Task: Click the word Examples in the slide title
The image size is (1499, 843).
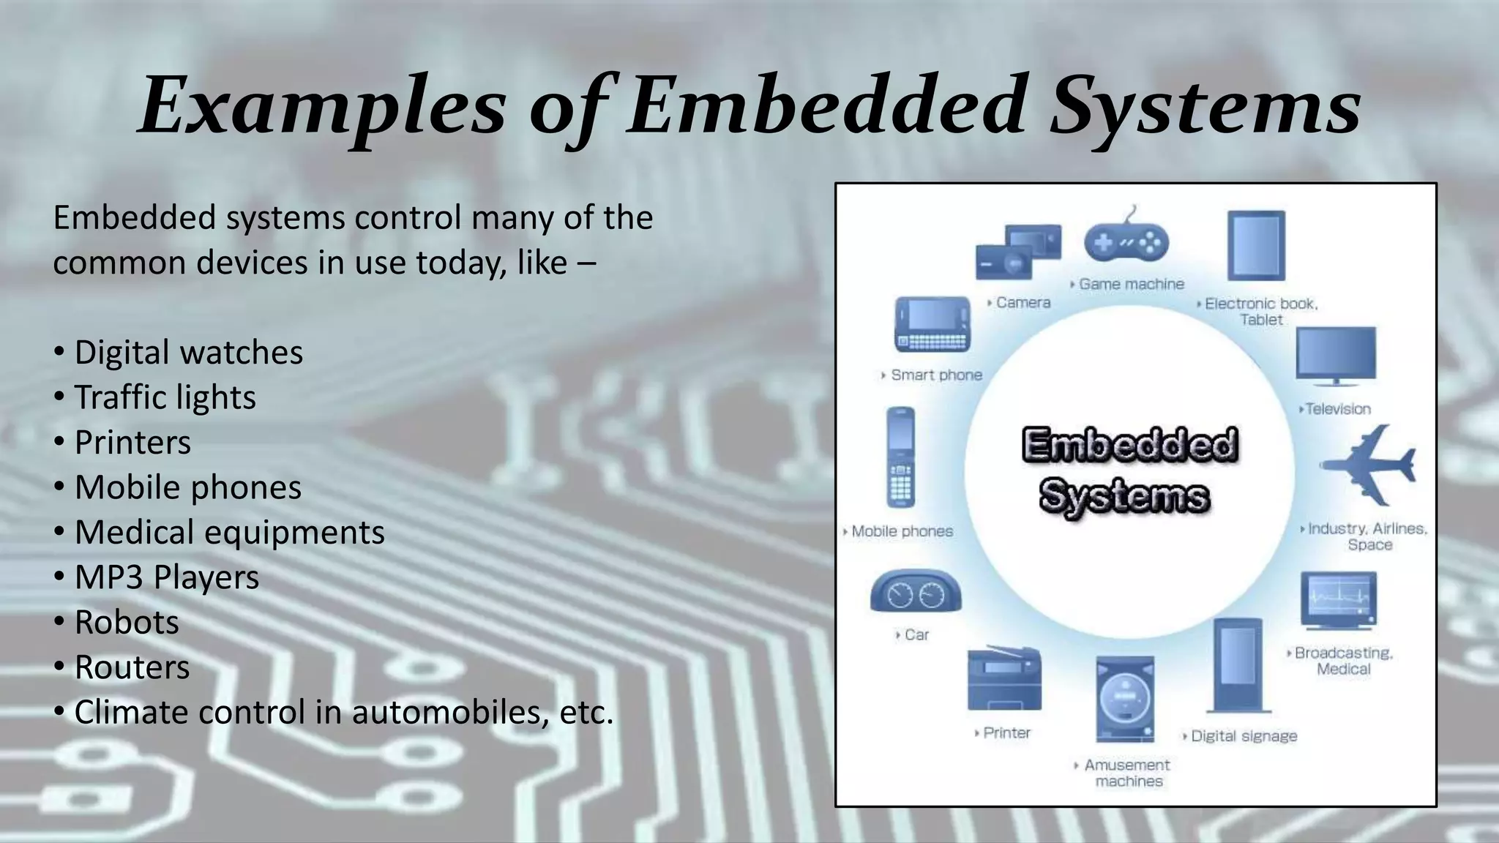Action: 322,106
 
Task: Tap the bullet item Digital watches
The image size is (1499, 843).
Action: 188,353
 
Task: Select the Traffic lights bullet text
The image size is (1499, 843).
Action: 165,398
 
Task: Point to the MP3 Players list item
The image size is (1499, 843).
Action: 167,577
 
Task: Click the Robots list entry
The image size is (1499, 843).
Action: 127,623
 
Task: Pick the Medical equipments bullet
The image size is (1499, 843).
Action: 229,533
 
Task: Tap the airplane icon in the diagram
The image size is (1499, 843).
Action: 1369,465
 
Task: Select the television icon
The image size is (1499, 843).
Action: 1336,356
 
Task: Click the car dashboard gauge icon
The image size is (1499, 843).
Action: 916,591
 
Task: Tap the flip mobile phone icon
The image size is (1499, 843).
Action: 900,457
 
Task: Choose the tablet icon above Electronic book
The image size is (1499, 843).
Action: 1256,246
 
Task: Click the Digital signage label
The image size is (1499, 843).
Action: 1244,736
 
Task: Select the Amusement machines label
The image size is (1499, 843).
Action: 1127,773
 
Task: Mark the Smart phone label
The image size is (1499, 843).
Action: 936,375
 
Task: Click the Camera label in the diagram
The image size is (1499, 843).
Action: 1023,303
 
